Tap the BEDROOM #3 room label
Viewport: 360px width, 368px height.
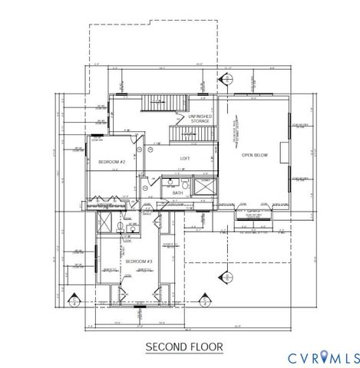140,262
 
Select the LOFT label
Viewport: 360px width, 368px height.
185,158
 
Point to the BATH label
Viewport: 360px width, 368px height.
177,193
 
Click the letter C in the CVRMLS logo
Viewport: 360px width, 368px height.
292,357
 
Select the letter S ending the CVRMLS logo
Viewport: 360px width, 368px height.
355,357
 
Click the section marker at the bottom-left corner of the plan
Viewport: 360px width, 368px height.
74,298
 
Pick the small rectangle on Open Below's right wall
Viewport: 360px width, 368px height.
285,149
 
